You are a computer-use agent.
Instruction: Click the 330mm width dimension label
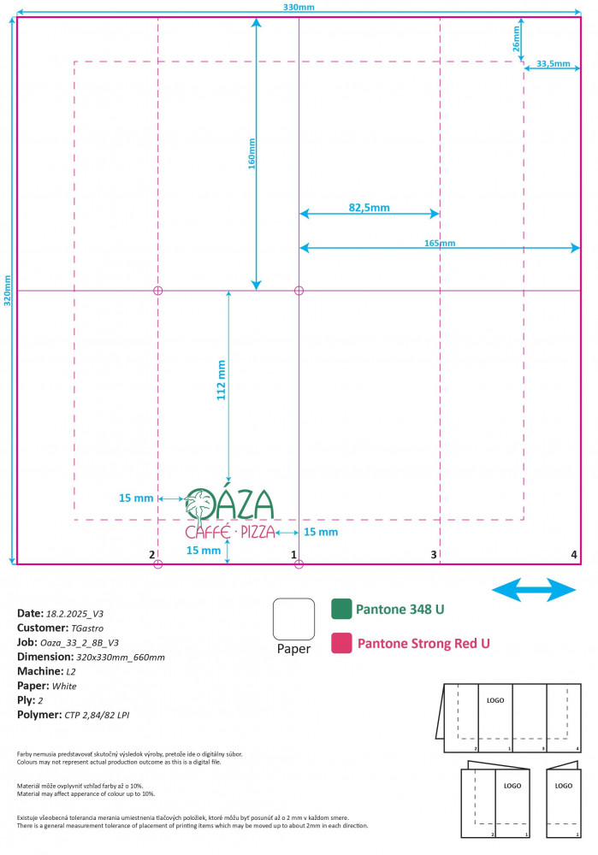click(x=298, y=8)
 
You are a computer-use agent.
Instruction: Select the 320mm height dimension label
click(x=8, y=290)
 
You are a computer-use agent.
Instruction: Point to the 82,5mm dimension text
click(x=369, y=207)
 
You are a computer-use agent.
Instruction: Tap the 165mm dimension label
click(x=440, y=244)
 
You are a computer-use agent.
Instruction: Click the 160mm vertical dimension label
click(x=252, y=155)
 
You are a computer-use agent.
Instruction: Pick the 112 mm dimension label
click(x=222, y=380)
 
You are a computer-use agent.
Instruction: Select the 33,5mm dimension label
click(x=553, y=64)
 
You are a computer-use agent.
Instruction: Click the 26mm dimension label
click(x=517, y=44)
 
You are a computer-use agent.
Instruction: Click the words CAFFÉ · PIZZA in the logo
click(x=230, y=532)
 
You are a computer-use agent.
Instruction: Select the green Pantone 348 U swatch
click(x=341, y=609)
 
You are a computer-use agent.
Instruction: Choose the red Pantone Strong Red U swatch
click(x=341, y=642)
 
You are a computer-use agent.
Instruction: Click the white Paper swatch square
click(x=293, y=618)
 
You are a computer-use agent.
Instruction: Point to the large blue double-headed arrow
click(x=534, y=589)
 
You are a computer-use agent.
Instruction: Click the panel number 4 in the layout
click(x=574, y=554)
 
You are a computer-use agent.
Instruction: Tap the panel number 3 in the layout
click(x=434, y=555)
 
